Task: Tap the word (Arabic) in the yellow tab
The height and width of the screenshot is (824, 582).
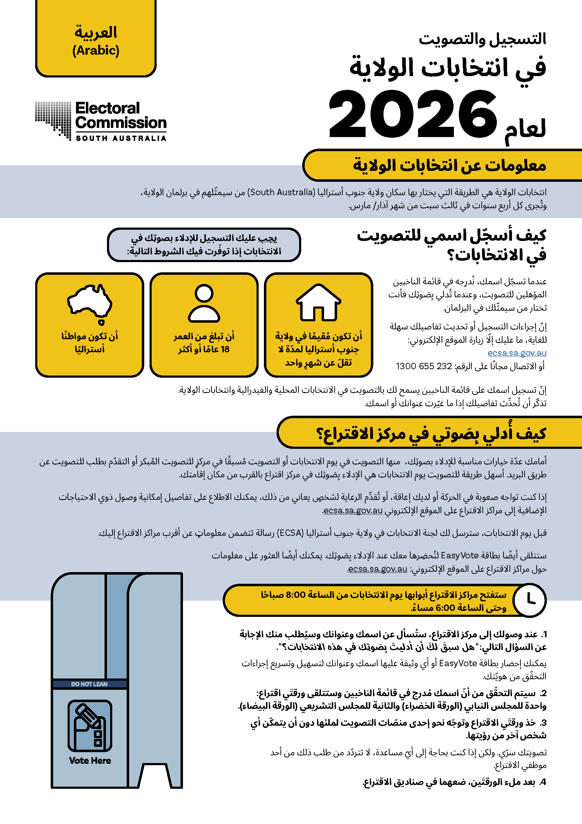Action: tap(96, 50)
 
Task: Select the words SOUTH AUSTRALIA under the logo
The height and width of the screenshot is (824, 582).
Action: tap(121, 138)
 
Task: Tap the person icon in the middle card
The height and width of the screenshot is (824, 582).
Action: tap(204, 303)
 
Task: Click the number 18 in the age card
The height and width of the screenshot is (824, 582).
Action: tap(225, 349)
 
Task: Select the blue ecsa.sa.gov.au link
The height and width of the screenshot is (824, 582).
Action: tap(517, 353)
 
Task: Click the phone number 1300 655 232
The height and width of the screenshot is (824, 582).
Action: tap(424, 366)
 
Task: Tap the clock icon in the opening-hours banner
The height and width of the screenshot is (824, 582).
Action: tap(530, 600)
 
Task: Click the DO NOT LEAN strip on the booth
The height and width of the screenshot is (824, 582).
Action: tap(89, 684)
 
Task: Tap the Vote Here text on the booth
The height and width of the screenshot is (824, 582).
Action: tap(90, 761)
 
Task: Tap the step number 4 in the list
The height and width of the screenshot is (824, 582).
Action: tap(543, 782)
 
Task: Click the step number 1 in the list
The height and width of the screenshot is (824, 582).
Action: tap(544, 634)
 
